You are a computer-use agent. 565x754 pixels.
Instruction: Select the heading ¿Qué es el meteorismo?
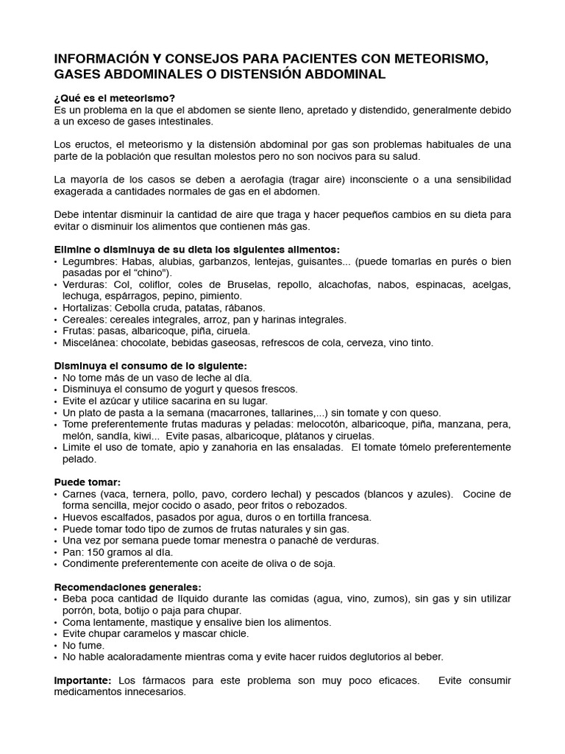pyautogui.click(x=115, y=98)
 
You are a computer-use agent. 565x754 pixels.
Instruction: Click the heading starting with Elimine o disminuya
pyautogui.click(x=197, y=250)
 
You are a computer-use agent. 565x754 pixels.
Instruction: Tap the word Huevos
pyautogui.click(x=79, y=518)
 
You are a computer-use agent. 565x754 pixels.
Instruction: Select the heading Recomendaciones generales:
pyautogui.click(x=128, y=587)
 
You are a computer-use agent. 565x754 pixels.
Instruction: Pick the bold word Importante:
pyautogui.click(x=82, y=680)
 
